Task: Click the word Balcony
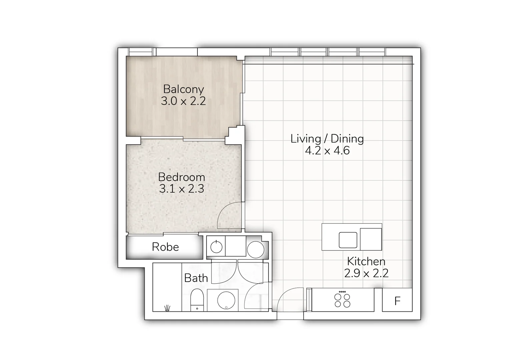(x=183, y=89)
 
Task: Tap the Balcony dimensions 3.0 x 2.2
(x=183, y=101)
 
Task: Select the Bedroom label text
(x=181, y=177)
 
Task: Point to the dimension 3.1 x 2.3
(x=181, y=189)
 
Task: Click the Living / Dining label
(x=327, y=139)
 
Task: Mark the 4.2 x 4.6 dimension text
(x=327, y=151)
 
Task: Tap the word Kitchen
(x=366, y=261)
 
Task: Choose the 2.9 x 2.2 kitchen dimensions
(x=366, y=274)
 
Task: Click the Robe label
(x=165, y=247)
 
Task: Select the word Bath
(x=196, y=278)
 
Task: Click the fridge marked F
(x=397, y=301)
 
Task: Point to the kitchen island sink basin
(x=348, y=240)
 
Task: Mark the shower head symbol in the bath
(x=167, y=308)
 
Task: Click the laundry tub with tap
(x=216, y=247)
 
